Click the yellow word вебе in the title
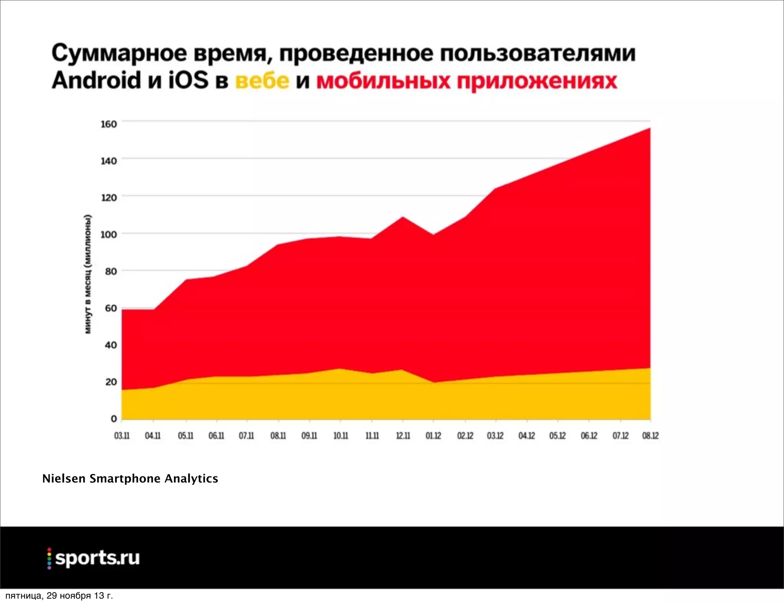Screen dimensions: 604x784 tap(262, 81)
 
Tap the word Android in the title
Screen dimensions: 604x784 tap(96, 80)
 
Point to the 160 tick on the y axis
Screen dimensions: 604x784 tap(109, 124)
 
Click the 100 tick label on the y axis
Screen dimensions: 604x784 tap(109, 235)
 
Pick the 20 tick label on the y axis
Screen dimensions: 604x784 tap(111, 382)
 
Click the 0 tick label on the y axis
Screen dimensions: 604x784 tap(114, 419)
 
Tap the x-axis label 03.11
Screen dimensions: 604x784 tap(122, 436)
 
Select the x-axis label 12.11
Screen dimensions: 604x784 tap(403, 436)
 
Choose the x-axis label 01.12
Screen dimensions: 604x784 tap(433, 436)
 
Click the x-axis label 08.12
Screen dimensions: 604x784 tap(650, 436)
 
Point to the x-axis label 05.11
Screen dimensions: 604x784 tap(186, 436)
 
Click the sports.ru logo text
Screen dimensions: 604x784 tap(97, 558)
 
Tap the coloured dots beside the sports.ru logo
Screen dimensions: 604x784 tap(49, 558)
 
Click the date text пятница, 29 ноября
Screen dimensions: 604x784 tap(59, 596)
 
